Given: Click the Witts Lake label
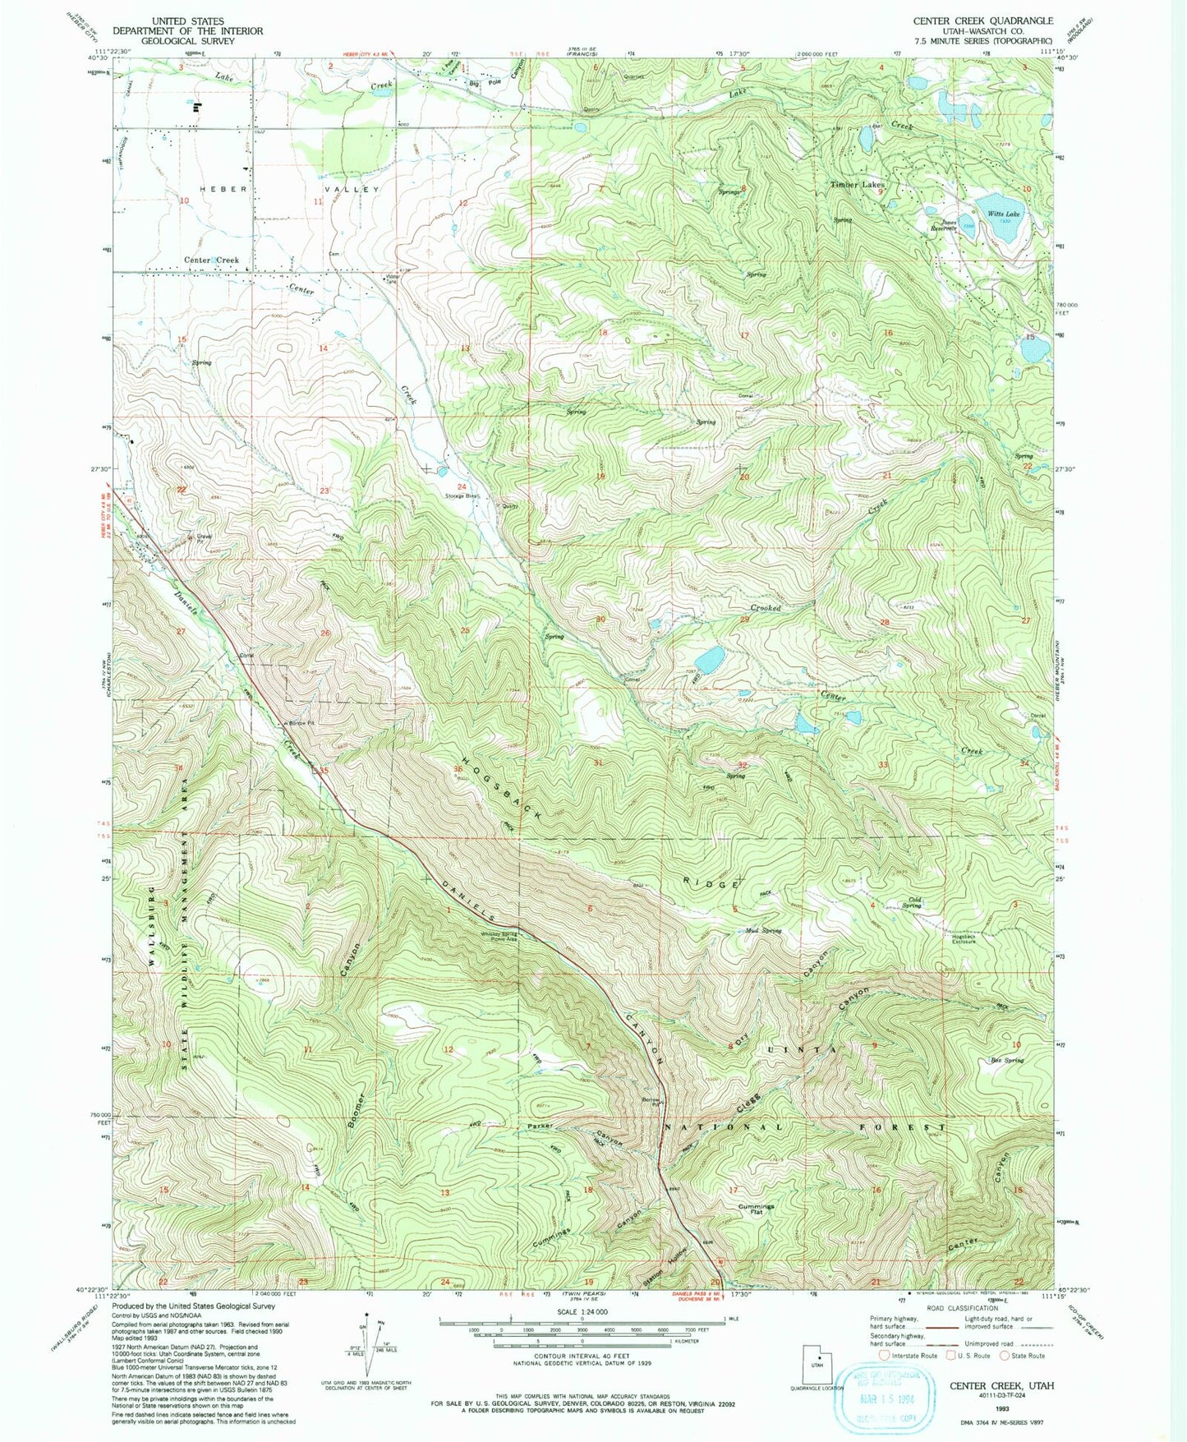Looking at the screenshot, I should [1005, 214].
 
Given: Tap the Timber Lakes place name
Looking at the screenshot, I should [857, 185].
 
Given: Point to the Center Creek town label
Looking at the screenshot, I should [211, 260].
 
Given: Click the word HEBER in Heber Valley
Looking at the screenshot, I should [222, 189].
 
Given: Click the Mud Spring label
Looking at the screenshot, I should [763, 931].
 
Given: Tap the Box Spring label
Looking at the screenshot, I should [1007, 1060].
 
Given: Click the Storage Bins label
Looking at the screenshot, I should [461, 496].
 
